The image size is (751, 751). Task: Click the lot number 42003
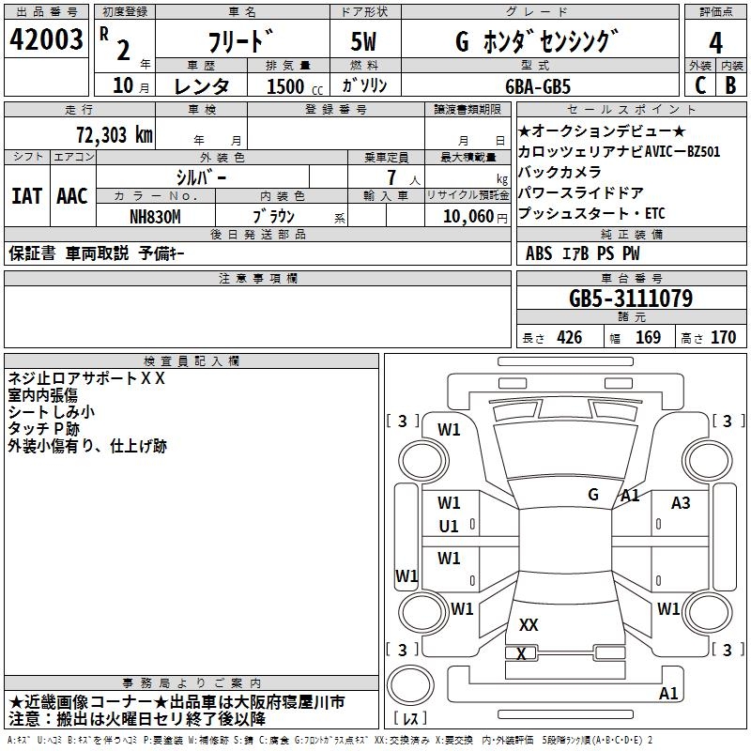coord(47,42)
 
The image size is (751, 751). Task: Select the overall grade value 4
coord(715,43)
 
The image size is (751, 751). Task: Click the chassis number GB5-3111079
coord(631,299)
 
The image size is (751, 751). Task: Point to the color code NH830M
coord(157,216)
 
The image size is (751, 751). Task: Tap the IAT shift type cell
coord(26,196)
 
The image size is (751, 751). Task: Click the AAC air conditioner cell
coord(71,196)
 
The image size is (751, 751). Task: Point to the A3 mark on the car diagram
coord(681,503)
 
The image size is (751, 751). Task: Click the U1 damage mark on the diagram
coord(449,527)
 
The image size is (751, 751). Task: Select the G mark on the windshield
coord(593,494)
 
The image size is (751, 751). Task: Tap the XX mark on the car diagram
coord(529,625)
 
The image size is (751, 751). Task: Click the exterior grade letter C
coord(699,86)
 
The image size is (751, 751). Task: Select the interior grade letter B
coord(730,86)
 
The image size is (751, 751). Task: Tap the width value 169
coord(648,338)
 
